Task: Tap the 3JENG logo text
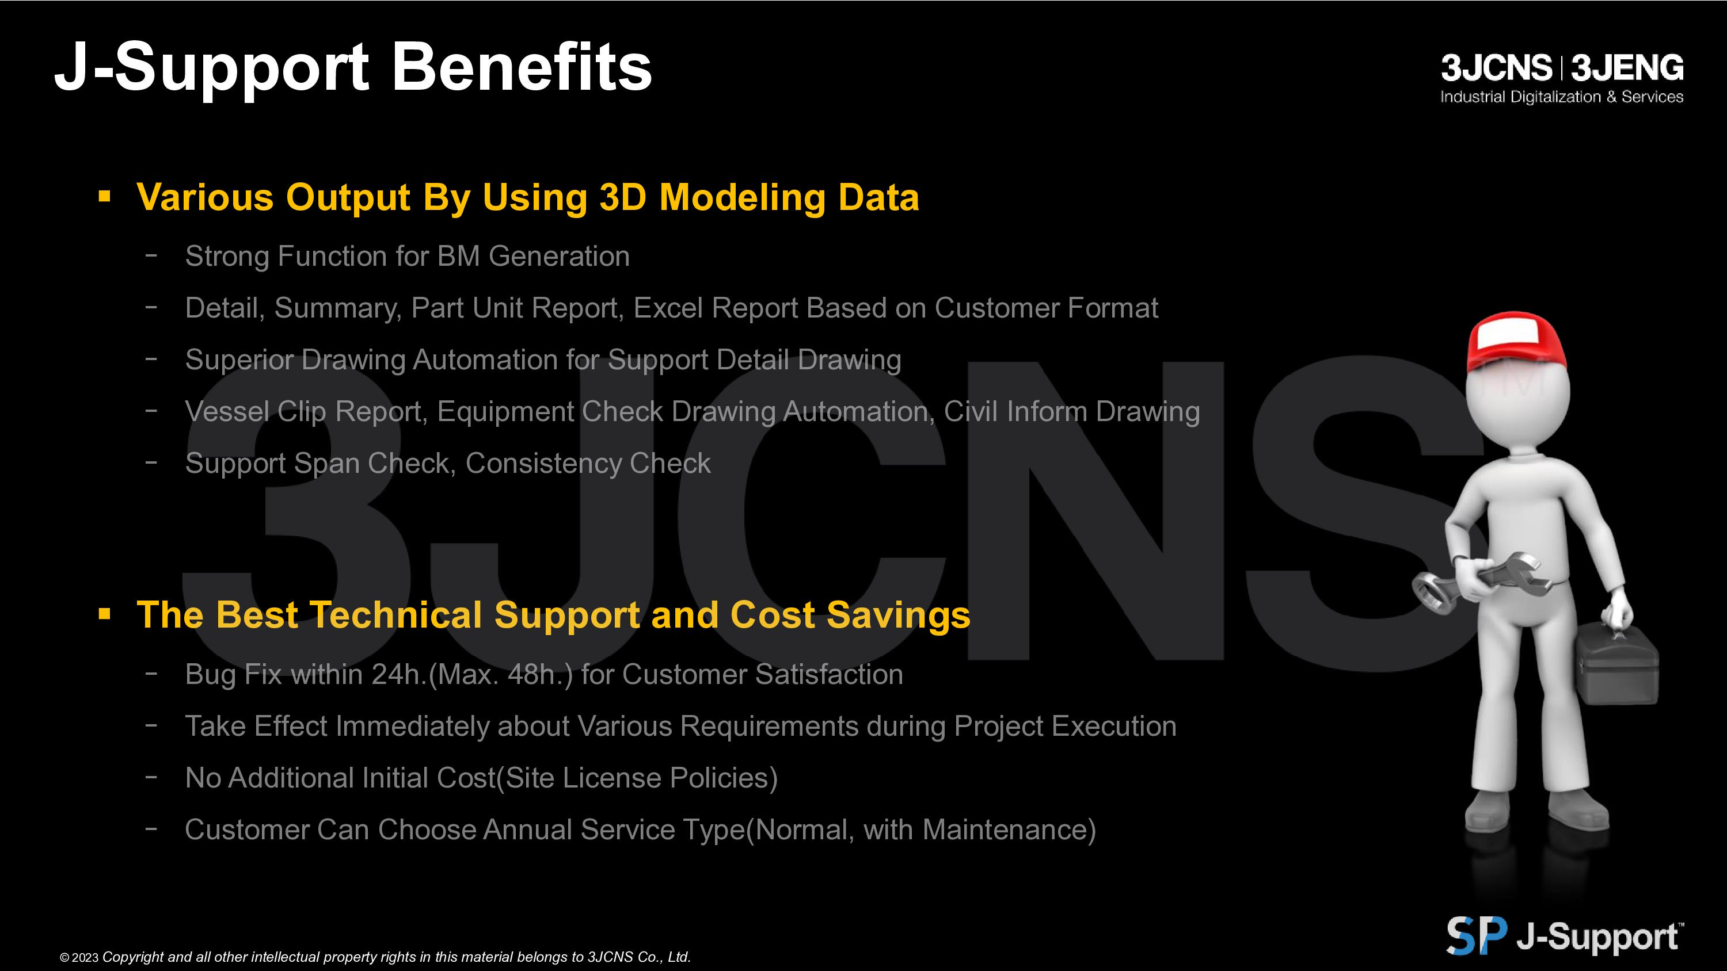coord(1627,68)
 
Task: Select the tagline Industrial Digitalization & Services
coord(1561,97)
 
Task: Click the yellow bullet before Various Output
coord(104,196)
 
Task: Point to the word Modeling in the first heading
coord(743,198)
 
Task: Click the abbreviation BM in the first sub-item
coord(459,256)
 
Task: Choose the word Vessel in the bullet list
coord(227,411)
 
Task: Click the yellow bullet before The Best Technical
coord(104,614)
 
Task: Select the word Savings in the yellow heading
coord(899,615)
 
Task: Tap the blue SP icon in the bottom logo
coord(1477,935)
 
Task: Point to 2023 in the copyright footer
coord(85,958)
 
